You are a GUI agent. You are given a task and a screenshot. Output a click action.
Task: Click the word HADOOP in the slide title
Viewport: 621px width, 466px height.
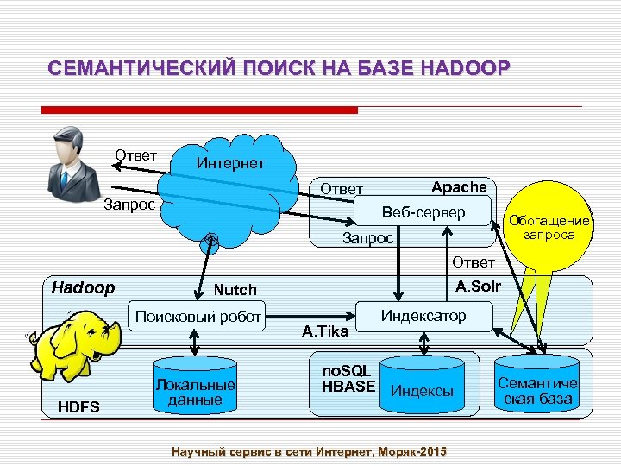pyautogui.click(x=467, y=68)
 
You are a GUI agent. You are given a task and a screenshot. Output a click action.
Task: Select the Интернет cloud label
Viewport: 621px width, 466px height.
pyautogui.click(x=230, y=163)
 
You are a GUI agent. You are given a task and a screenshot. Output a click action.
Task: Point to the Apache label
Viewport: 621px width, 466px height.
pyautogui.click(x=459, y=187)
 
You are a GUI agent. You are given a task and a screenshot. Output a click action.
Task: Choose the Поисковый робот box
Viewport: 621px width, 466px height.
pyautogui.click(x=196, y=317)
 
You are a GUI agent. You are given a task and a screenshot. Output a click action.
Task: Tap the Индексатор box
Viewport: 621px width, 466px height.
pyautogui.click(x=423, y=316)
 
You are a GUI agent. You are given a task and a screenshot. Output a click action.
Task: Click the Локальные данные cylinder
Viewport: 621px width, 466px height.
pyautogui.click(x=195, y=389)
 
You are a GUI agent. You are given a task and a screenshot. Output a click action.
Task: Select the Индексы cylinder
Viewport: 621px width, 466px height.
pyautogui.click(x=423, y=390)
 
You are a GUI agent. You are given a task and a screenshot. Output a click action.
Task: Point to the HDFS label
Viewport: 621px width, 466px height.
pyautogui.click(x=78, y=406)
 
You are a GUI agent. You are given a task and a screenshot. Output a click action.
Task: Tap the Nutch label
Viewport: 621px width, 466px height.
pyautogui.click(x=235, y=290)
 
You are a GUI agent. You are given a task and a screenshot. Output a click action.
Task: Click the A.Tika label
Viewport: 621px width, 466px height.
pyautogui.click(x=324, y=331)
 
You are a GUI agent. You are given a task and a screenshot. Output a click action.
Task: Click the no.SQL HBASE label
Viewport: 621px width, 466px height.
pyautogui.click(x=347, y=378)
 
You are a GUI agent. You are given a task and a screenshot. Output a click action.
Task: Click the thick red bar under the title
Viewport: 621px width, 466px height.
pyautogui.click(x=199, y=110)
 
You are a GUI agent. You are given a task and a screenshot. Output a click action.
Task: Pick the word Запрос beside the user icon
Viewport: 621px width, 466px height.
pyautogui.click(x=129, y=205)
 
